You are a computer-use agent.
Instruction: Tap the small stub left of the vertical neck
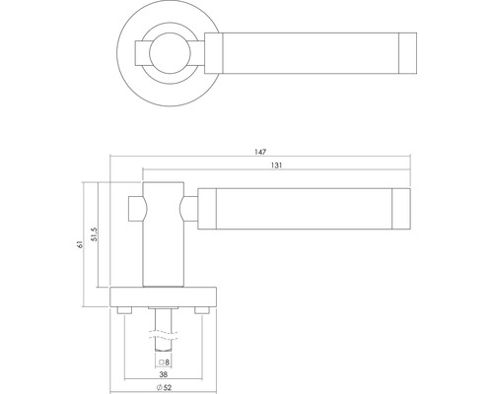pos(137,208)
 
